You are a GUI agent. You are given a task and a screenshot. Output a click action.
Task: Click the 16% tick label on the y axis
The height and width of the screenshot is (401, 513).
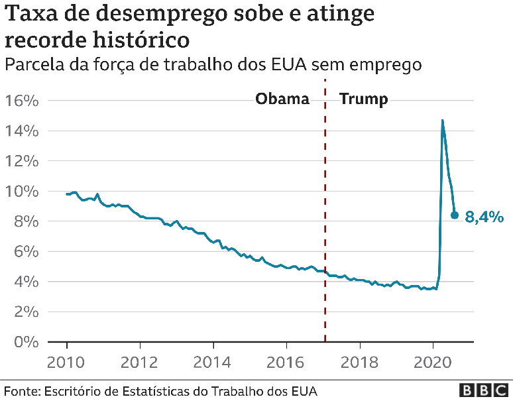pos(22,101)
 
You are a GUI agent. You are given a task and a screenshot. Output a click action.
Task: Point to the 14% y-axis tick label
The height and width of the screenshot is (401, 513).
pos(22,131)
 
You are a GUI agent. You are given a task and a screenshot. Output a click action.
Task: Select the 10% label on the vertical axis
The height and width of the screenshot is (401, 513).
pos(22,192)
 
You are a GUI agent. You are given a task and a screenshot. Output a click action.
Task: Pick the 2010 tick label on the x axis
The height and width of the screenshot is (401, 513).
pos(67,363)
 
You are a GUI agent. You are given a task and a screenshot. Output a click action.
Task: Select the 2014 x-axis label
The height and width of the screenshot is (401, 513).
pos(213,363)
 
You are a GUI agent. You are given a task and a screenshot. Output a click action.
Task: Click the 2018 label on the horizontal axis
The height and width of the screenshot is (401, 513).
pos(359,363)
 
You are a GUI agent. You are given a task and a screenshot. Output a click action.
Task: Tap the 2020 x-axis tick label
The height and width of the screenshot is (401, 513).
pos(432,363)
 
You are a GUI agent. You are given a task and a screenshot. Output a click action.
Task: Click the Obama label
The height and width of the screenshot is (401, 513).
pos(282,99)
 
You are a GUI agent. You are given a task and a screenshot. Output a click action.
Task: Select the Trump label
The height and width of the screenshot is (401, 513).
pos(363,99)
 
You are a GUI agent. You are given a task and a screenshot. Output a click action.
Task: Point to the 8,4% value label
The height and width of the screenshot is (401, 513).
pos(484,217)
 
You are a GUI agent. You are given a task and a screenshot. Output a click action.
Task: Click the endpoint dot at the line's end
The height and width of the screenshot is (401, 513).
pos(454,215)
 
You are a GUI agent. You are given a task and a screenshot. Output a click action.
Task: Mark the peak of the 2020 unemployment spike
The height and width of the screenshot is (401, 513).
pos(442,121)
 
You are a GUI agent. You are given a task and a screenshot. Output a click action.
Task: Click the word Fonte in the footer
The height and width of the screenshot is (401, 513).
pos(21,390)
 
